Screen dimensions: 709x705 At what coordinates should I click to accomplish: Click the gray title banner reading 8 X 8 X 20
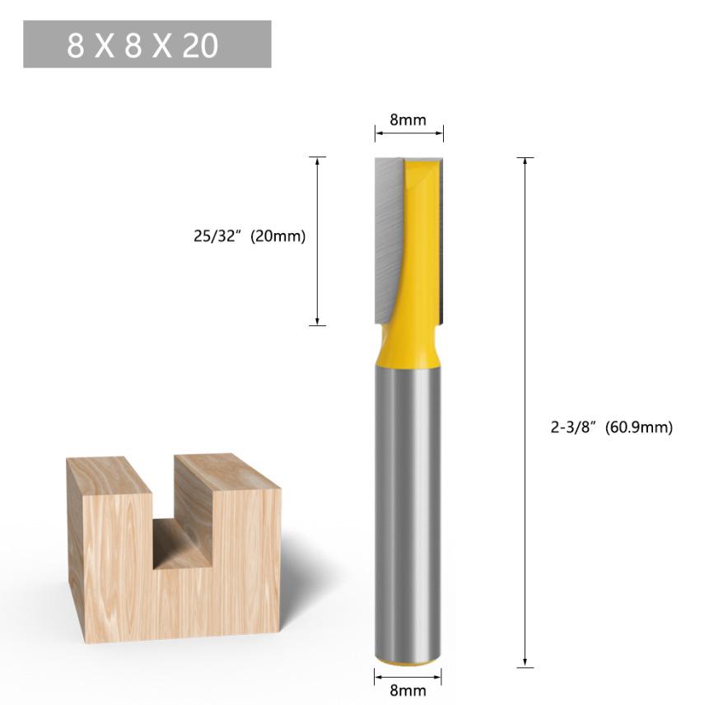click(x=147, y=44)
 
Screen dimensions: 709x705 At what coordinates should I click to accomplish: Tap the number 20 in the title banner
click(x=200, y=45)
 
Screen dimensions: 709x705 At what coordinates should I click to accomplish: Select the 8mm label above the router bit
click(x=408, y=120)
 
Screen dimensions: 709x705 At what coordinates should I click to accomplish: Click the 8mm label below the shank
click(x=408, y=690)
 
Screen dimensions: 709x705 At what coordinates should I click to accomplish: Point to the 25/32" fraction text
click(x=215, y=236)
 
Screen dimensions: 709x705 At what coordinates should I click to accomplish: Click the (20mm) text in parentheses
click(x=278, y=236)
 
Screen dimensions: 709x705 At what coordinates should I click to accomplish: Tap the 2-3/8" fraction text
click(x=572, y=427)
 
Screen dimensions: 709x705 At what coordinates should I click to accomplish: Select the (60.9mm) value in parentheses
click(x=639, y=427)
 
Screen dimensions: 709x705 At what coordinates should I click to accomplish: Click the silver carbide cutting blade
click(x=388, y=240)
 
